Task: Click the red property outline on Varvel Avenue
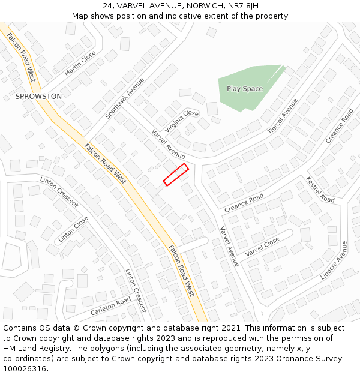pyautogui.click(x=176, y=175)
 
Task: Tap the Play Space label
pyautogui.click(x=245, y=89)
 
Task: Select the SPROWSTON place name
pyautogui.click(x=38, y=96)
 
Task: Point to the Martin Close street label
pyautogui.click(x=80, y=63)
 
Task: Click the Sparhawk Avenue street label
pyautogui.click(x=125, y=98)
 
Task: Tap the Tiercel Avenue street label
pyautogui.click(x=283, y=116)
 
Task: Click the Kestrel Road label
pyautogui.click(x=320, y=190)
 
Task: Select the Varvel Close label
pyautogui.click(x=262, y=247)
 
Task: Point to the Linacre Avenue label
pyautogui.click(x=334, y=260)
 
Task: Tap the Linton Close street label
pyautogui.click(x=73, y=229)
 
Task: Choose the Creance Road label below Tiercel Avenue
pyautogui.click(x=244, y=203)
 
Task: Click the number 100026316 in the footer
pyautogui.click(x=25, y=369)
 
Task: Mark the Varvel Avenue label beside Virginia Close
pyautogui.click(x=168, y=144)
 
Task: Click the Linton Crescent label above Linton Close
pyautogui.click(x=59, y=192)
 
